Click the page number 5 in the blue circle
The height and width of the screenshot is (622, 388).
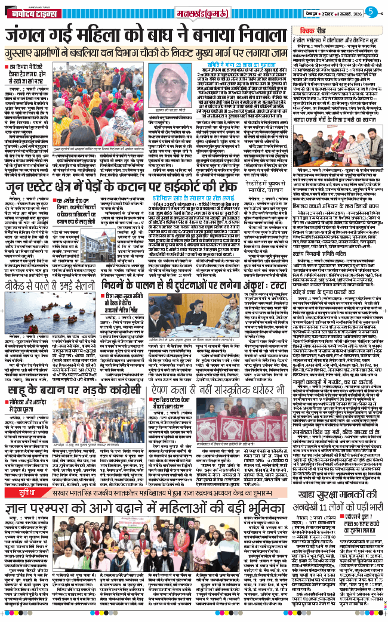pos(369,11)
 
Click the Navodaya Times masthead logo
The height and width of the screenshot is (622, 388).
pos(32,12)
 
